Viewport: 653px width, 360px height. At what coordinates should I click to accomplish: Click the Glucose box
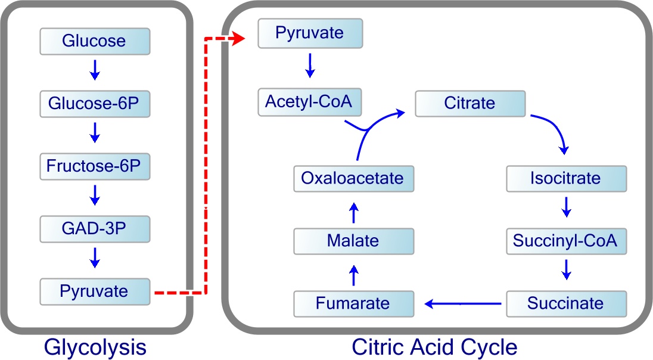pos(95,41)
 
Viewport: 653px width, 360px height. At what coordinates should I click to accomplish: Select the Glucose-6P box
pos(95,104)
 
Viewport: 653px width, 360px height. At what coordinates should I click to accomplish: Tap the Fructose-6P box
pos(95,166)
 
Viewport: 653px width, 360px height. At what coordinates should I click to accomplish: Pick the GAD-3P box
pos(95,229)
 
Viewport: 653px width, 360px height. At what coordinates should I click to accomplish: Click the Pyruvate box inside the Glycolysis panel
pos(95,291)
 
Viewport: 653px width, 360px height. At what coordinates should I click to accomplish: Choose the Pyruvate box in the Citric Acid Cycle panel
pos(310,33)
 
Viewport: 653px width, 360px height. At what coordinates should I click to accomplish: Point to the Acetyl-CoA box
pos(310,102)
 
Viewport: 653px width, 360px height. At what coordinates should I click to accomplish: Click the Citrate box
pos(470,103)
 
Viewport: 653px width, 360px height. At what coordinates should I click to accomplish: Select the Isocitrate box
pos(566,178)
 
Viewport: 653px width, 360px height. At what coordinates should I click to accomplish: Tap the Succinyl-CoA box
pos(566,241)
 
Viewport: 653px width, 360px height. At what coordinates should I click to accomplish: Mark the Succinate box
pos(566,303)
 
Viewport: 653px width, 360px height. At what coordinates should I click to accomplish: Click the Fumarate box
pos(353,303)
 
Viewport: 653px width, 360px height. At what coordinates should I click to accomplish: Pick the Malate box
pos(353,241)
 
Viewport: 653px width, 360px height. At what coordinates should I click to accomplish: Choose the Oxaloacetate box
pos(353,178)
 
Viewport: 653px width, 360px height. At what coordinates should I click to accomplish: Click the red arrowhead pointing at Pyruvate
pos(239,39)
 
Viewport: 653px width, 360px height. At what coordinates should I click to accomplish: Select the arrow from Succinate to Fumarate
pos(462,304)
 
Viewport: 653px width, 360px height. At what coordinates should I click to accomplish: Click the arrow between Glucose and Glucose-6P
pos(95,72)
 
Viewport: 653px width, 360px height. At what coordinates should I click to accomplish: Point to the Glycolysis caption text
pos(95,347)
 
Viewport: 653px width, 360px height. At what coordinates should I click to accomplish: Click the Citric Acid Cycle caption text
pos(434,347)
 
